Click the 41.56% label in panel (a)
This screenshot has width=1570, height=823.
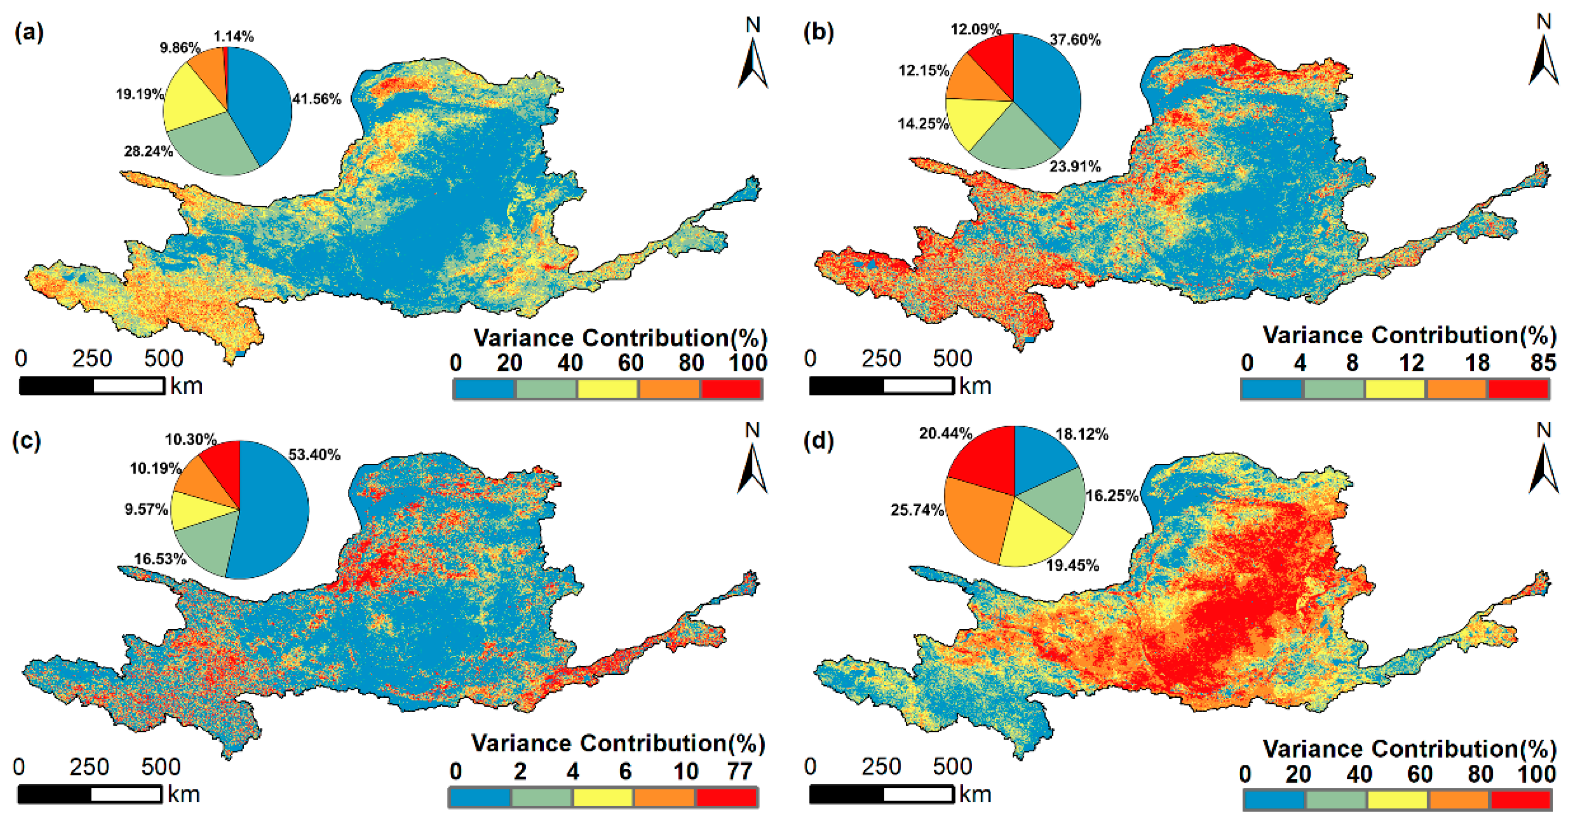point(316,99)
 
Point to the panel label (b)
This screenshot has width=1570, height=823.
point(818,32)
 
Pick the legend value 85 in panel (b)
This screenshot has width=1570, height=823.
point(1542,363)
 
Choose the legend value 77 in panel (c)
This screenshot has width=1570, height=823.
point(739,771)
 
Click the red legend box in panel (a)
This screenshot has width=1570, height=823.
point(731,388)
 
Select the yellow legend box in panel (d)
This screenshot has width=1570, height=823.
point(1398,799)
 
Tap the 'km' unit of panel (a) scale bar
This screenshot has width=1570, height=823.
point(186,386)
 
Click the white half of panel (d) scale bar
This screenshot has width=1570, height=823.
point(918,794)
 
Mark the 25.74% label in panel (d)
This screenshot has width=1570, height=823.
point(916,510)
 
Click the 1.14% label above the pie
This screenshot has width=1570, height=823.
point(234,36)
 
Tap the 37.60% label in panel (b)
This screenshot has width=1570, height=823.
point(1075,40)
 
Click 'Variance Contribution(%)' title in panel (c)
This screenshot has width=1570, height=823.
point(618,743)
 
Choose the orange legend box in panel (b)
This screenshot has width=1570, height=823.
point(1456,388)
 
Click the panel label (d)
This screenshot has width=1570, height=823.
point(818,440)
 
